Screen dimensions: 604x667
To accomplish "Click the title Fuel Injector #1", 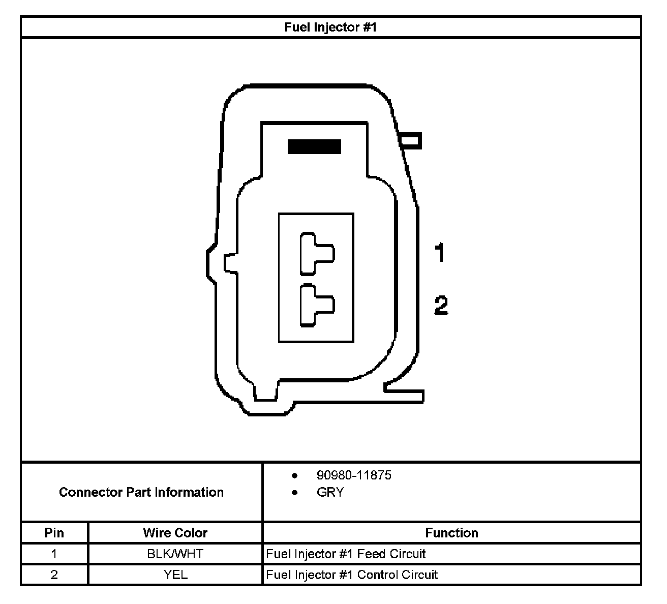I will [x=330, y=27].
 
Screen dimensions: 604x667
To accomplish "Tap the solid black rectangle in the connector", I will [x=314, y=146].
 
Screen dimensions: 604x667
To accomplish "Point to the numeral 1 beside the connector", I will [x=440, y=253].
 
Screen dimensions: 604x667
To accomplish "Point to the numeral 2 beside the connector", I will [x=441, y=306].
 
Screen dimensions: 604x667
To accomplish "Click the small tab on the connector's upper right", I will [x=411, y=141].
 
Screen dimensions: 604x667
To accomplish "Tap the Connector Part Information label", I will [x=141, y=492].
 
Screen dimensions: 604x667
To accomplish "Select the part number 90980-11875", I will [x=354, y=475].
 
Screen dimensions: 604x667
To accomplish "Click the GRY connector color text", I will [x=330, y=492].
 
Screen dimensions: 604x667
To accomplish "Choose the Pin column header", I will [x=54, y=533].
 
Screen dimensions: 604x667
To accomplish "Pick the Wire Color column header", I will [x=175, y=533].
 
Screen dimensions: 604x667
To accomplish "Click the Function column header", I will [x=451, y=533].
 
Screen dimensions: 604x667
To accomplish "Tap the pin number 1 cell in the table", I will [x=54, y=554].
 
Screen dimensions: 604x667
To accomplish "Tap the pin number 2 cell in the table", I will [x=54, y=575].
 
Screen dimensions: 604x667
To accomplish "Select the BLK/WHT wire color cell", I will [x=175, y=554].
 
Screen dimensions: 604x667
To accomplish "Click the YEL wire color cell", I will [x=175, y=575].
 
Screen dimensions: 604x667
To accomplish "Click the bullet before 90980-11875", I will [x=294, y=475].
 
